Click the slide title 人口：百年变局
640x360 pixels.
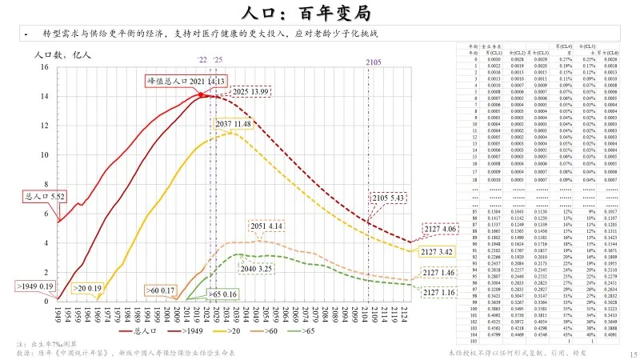319,13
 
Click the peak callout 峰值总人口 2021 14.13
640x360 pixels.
186,81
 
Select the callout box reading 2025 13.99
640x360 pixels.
250,93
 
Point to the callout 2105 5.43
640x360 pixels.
387,198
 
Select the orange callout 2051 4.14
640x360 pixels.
268,227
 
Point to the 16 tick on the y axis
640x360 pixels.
45,66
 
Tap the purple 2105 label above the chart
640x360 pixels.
373,62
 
